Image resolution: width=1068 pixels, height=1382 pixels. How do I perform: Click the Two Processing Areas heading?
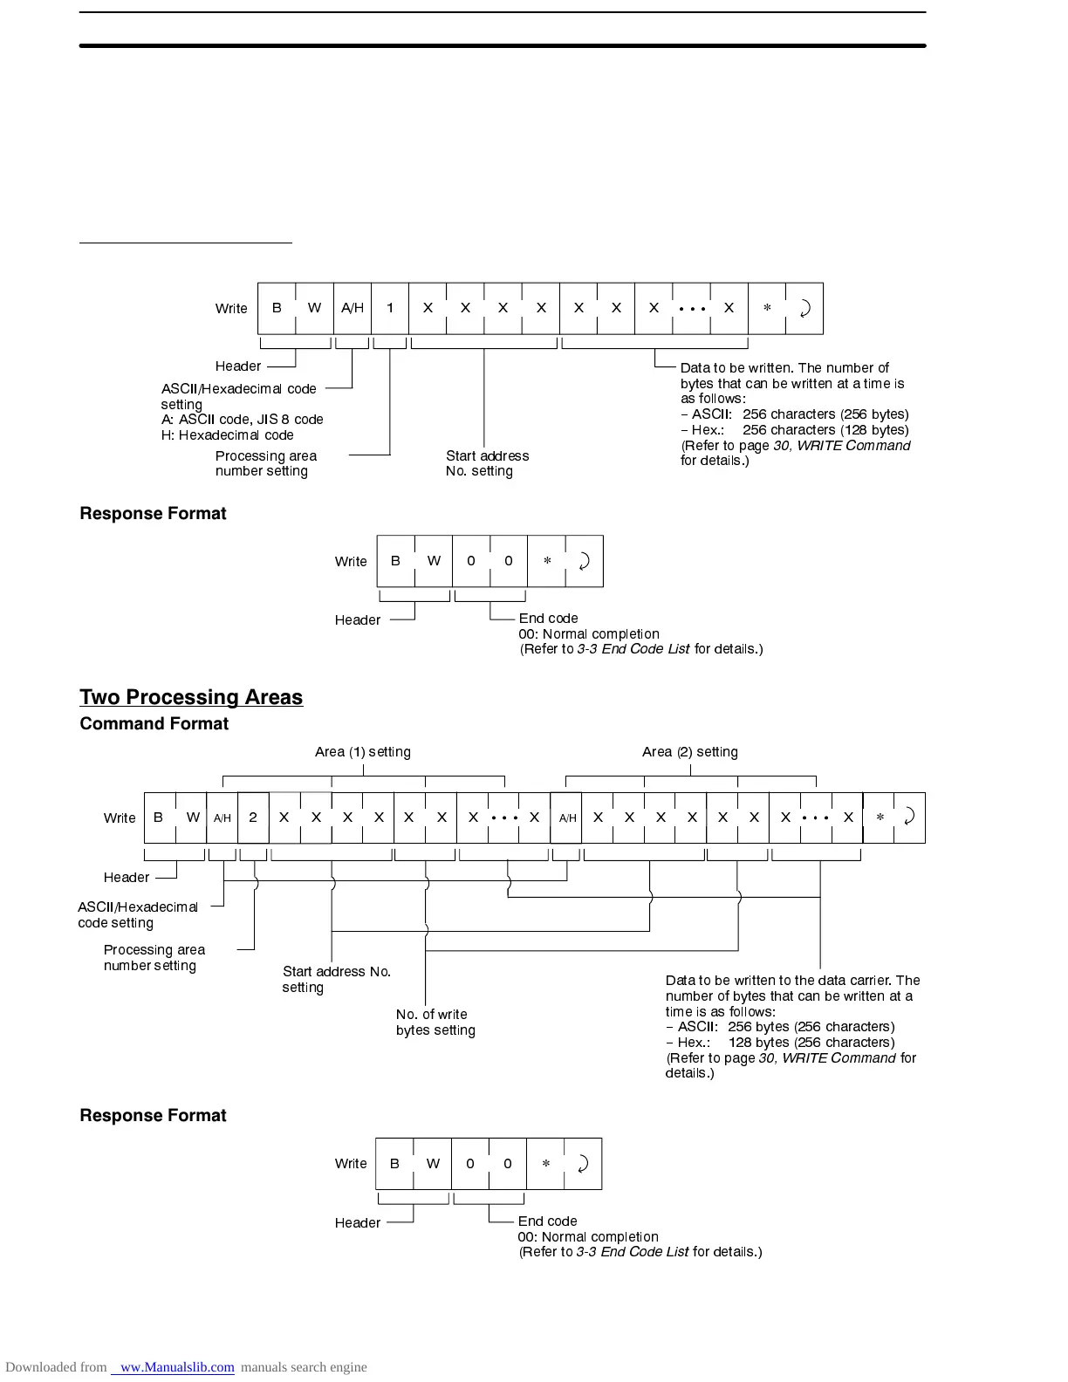click(x=191, y=697)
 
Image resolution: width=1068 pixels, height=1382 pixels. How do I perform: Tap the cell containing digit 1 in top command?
click(x=390, y=308)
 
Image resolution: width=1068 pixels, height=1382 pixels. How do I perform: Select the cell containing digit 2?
click(x=253, y=818)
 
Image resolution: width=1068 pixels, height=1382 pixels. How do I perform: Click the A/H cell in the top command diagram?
click(x=353, y=308)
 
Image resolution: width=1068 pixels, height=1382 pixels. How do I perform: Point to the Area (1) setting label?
click(x=362, y=752)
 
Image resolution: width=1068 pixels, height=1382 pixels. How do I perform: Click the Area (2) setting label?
click(x=689, y=752)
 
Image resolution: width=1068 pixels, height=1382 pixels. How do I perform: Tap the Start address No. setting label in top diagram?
click(x=487, y=463)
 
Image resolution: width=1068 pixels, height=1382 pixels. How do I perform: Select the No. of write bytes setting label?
click(x=435, y=1022)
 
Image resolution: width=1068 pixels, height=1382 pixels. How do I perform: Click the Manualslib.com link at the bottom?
click(x=176, y=1367)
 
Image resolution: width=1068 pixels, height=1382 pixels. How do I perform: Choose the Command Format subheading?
click(x=154, y=724)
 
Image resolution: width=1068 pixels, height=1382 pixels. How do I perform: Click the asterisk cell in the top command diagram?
click(x=767, y=308)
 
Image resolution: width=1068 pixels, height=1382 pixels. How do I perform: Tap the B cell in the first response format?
click(x=395, y=561)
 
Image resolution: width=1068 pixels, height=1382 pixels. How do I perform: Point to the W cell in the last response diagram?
click(x=433, y=1164)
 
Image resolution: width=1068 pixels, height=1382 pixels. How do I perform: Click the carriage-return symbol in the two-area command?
click(x=909, y=818)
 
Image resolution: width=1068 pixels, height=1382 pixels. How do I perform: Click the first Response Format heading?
click(x=153, y=514)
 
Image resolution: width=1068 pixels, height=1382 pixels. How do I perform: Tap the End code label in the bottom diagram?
click(x=547, y=1221)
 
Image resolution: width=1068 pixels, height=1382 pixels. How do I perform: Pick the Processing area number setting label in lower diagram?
click(x=154, y=958)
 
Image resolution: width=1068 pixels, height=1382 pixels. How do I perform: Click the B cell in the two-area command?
click(x=159, y=818)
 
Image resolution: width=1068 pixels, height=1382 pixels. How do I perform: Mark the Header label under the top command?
click(x=237, y=366)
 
